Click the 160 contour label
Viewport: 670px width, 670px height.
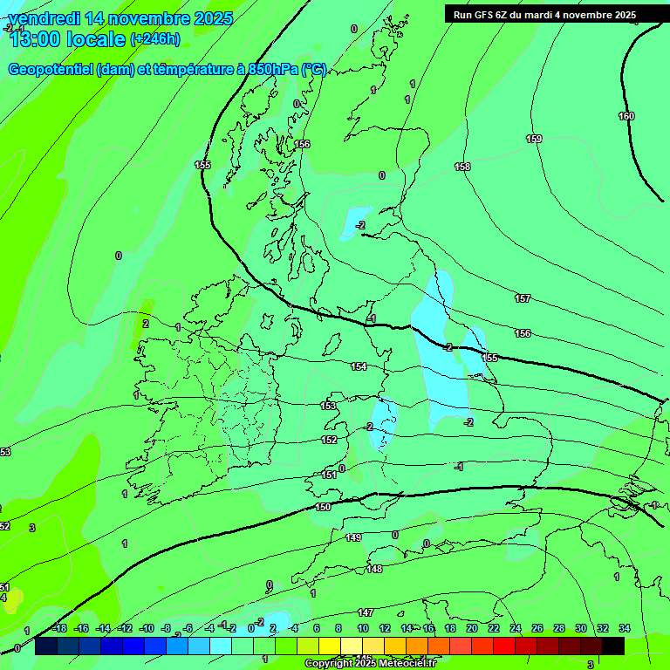[x=626, y=116]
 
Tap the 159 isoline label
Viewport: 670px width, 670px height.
[x=534, y=139]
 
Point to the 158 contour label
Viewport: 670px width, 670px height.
[x=462, y=166]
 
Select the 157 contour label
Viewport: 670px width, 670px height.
[x=522, y=298]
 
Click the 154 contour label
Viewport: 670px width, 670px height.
[x=359, y=366]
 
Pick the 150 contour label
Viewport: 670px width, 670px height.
[x=323, y=507]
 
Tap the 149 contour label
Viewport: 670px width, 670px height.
[x=352, y=537]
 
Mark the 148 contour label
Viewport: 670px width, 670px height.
[x=374, y=569]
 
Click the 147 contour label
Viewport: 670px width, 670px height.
[x=366, y=612]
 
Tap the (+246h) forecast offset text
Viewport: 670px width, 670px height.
[x=155, y=39]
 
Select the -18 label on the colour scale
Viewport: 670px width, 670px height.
[x=59, y=628]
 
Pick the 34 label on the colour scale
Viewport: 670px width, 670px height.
[x=624, y=628]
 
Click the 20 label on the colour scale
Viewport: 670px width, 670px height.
[x=472, y=628]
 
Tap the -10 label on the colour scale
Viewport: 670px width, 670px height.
[x=147, y=628]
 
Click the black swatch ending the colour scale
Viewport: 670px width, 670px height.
[x=613, y=646]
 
